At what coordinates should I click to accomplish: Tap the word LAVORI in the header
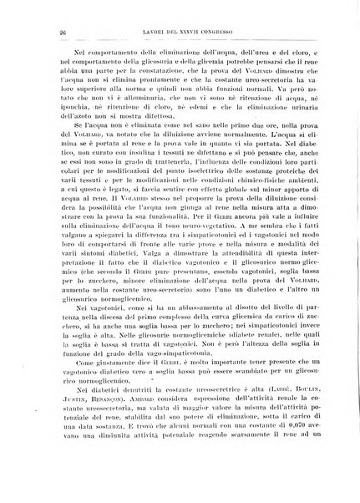[136, 32]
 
